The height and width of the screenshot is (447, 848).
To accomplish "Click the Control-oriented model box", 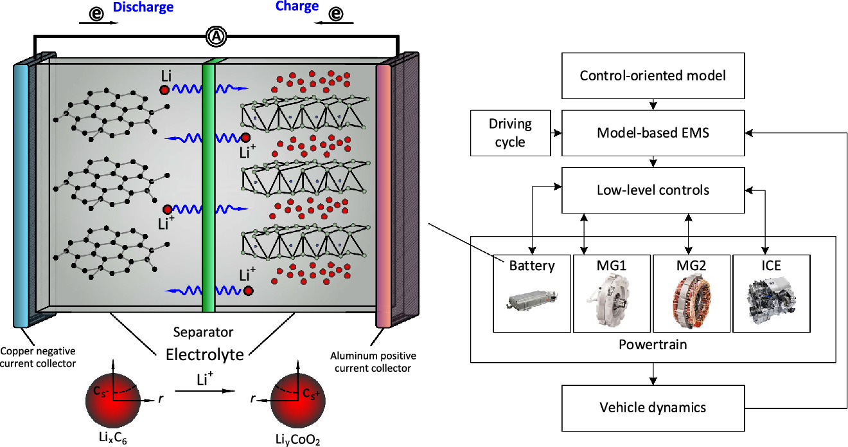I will pyautogui.click(x=653, y=75).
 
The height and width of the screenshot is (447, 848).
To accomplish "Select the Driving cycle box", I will pyautogui.click(x=510, y=132).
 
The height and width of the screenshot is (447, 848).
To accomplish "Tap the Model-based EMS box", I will pyautogui.click(x=653, y=132).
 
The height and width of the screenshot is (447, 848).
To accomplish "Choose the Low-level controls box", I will pyautogui.click(x=653, y=190).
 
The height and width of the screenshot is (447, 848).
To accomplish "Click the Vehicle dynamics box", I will pyautogui.click(x=653, y=407).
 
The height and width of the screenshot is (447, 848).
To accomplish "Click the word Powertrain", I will pyautogui.click(x=653, y=345).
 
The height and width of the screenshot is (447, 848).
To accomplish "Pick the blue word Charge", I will pyautogui.click(x=297, y=7).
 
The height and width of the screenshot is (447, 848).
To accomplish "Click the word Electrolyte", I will pyautogui.click(x=205, y=354).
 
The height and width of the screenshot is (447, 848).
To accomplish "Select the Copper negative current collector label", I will pyautogui.click(x=38, y=357).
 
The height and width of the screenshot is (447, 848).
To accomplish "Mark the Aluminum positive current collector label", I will pyautogui.click(x=373, y=361).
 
